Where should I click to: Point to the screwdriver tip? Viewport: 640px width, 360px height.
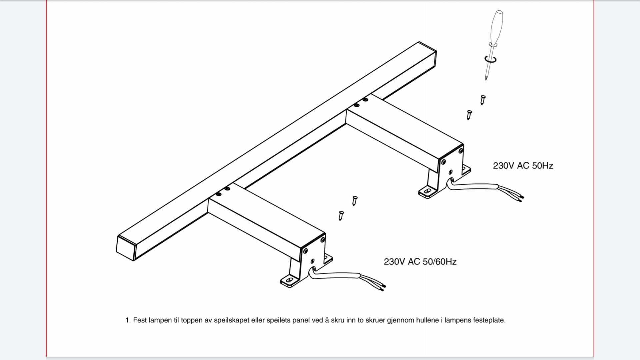click(x=486, y=79)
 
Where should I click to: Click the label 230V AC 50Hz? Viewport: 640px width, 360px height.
click(x=523, y=166)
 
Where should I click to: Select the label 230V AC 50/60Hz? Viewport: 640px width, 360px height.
click(x=420, y=262)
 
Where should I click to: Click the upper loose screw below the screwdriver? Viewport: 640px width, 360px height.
click(x=483, y=100)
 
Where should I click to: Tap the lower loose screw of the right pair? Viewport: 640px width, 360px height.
click(x=469, y=115)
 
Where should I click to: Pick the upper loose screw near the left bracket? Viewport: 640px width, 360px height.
click(x=355, y=201)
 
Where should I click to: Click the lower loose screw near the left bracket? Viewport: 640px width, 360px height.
click(x=341, y=216)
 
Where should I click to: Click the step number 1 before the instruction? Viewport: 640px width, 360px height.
click(x=127, y=320)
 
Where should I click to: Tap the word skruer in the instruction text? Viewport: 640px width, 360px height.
click(x=375, y=320)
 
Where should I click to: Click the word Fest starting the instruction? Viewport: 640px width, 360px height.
click(x=140, y=320)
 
